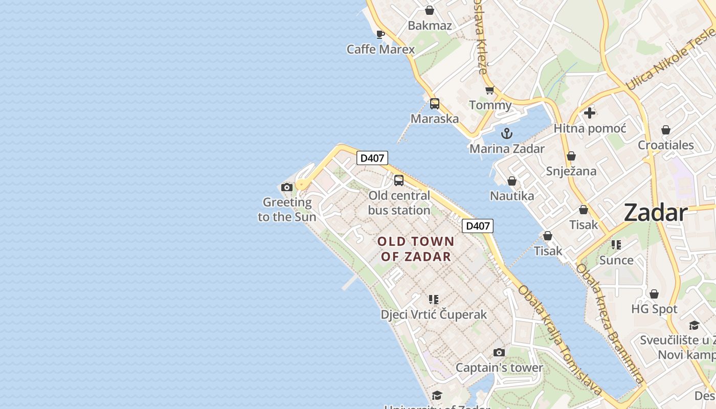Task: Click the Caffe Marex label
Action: [381, 50]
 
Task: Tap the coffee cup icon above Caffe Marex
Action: [380, 35]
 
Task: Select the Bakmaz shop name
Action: [430, 26]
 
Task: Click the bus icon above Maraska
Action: [434, 104]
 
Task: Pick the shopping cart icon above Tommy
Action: [489, 90]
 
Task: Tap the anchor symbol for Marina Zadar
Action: [506, 134]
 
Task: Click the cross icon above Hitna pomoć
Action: [590, 113]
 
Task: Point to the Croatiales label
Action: [665, 145]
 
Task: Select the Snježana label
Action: [571, 171]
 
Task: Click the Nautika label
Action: [511, 196]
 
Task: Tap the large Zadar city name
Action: [656, 213]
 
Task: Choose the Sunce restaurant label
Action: [616, 260]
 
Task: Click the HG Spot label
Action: [654, 309]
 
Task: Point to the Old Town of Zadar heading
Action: [416, 248]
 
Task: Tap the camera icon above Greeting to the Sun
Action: [287, 188]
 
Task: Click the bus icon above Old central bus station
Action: [398, 180]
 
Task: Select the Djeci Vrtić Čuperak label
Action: [434, 314]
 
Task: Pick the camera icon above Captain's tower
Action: [499, 353]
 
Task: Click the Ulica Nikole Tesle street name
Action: [670, 59]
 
